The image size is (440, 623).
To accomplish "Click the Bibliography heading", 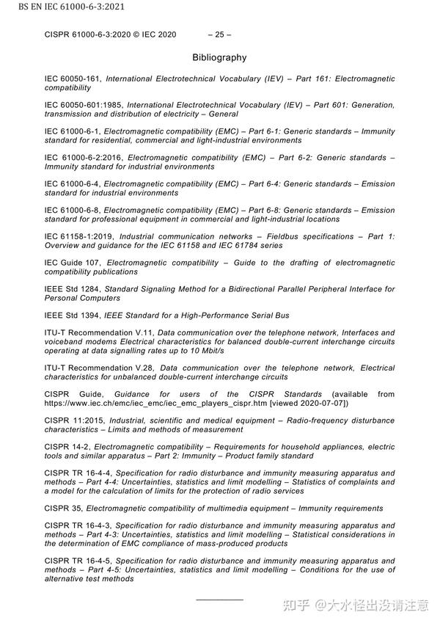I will pyautogui.click(x=219, y=57).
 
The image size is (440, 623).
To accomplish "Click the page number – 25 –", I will pyautogui.click(x=219, y=34).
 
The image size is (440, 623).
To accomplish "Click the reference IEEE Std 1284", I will pyautogui.click(x=71, y=289).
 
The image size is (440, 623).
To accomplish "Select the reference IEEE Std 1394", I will pyautogui.click(x=71, y=316).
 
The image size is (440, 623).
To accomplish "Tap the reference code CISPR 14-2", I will pyautogui.click(x=66, y=447).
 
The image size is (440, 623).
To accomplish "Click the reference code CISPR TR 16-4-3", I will pyautogui.click(x=77, y=525).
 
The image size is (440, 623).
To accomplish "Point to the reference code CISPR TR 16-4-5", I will pyautogui.click(x=77, y=561).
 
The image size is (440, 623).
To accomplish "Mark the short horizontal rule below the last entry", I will pyautogui.click(x=219, y=600).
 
